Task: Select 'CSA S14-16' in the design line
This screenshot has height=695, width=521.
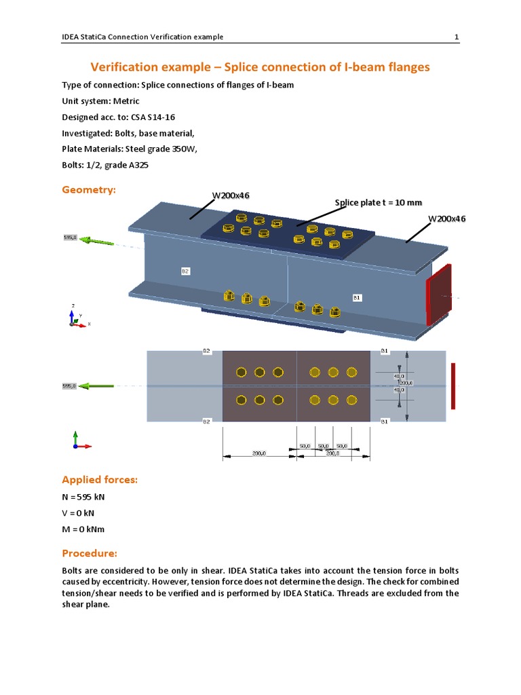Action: tap(156, 117)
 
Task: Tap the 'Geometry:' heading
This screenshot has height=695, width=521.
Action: tap(89, 190)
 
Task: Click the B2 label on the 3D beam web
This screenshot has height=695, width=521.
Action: tap(185, 271)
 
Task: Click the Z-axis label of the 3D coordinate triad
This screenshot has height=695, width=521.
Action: tap(73, 307)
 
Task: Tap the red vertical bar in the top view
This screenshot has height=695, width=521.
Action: tap(452, 386)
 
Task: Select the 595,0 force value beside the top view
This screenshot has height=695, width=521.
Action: tap(70, 386)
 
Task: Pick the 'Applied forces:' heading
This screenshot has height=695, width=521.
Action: tap(100, 480)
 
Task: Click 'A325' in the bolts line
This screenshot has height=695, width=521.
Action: tap(146, 166)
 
